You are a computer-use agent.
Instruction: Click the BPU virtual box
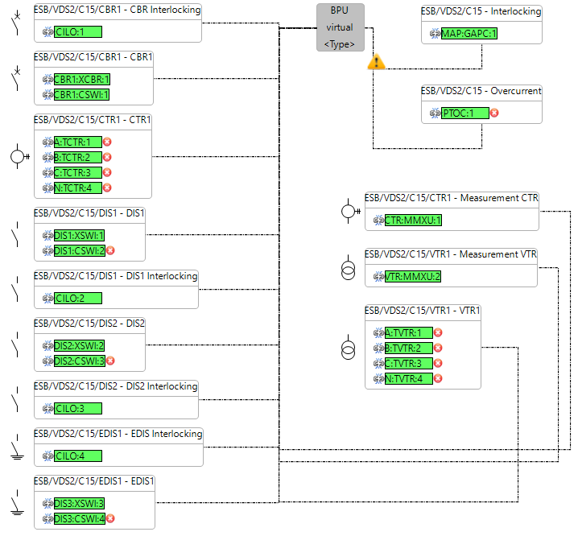pyautogui.click(x=340, y=27)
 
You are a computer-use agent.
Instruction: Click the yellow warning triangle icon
pyautogui.click(x=376, y=62)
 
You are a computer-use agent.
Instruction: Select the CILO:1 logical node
pyautogui.click(x=78, y=32)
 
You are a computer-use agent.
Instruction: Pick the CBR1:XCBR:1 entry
pyautogui.click(x=81, y=80)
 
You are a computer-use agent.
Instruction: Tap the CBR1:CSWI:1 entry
pyautogui.click(x=81, y=95)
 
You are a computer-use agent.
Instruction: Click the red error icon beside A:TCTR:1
pyautogui.click(x=107, y=142)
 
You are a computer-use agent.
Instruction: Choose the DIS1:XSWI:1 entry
pyautogui.click(x=79, y=235)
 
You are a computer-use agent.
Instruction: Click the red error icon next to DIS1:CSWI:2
pyautogui.click(x=110, y=250)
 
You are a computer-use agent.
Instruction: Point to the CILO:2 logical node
pyautogui.click(x=78, y=298)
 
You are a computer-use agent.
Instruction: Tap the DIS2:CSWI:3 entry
pyautogui.click(x=79, y=361)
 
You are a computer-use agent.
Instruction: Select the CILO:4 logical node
pyautogui.click(x=78, y=456)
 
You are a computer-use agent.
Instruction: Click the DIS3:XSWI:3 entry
pyautogui.click(x=79, y=503)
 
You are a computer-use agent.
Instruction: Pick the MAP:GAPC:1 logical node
pyautogui.click(x=469, y=33)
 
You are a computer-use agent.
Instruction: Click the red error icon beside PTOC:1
pyautogui.click(x=494, y=113)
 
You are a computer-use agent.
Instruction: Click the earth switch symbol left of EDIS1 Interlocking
pyautogui.click(x=16, y=447)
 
